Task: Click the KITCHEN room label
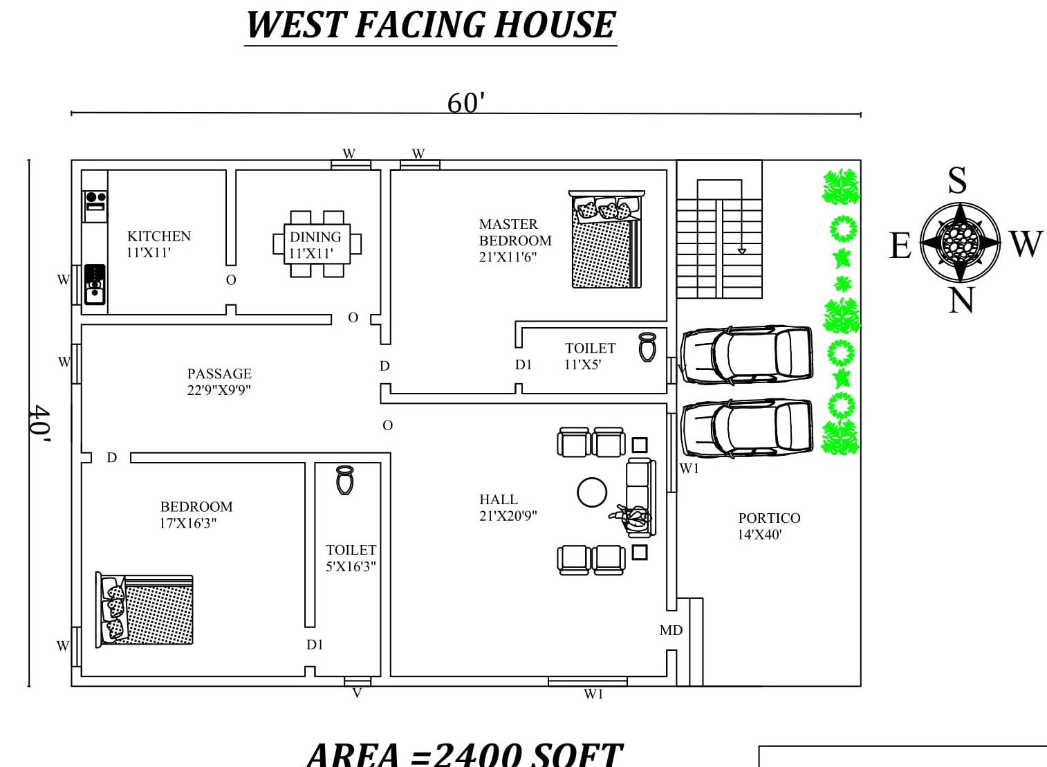158,237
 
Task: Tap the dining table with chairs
317,244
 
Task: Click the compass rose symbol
960,242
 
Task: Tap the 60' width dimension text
465,103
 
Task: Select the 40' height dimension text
40,423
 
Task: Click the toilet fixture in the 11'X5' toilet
647,347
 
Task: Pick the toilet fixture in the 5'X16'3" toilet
345,479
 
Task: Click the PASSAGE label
219,374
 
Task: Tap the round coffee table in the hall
592,493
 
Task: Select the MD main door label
671,630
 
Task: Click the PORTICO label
769,518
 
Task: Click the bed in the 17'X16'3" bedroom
145,609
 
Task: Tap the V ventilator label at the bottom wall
357,693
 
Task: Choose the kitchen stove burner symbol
95,201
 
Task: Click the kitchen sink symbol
95,284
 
